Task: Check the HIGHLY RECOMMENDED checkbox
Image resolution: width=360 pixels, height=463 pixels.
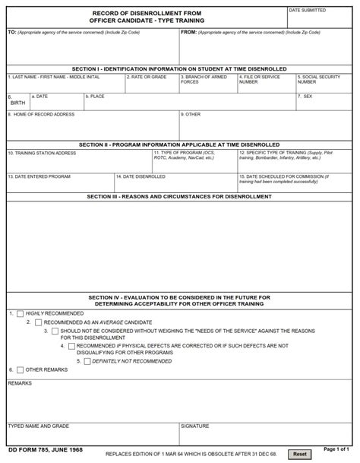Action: pyautogui.click(x=21, y=313)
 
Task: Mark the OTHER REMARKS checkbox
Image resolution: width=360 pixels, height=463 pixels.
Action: pyautogui.click(x=20, y=369)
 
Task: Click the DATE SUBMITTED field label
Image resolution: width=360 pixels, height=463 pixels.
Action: pyautogui.click(x=307, y=11)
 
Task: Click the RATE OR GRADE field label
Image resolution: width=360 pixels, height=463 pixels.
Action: pyautogui.click(x=147, y=77)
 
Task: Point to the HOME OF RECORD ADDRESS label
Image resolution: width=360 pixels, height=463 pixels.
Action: pyautogui.click(x=41, y=114)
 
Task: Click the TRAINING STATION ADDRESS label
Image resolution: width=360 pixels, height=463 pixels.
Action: pyautogui.click(x=42, y=153)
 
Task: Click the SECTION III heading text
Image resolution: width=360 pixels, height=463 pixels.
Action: pyautogui.click(x=179, y=196)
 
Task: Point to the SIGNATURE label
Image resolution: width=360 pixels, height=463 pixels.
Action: pyautogui.click(x=194, y=426)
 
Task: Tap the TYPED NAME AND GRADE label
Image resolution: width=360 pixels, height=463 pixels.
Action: pyautogui.click(x=39, y=426)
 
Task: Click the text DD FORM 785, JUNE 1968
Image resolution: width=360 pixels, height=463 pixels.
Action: pyautogui.click(x=45, y=450)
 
